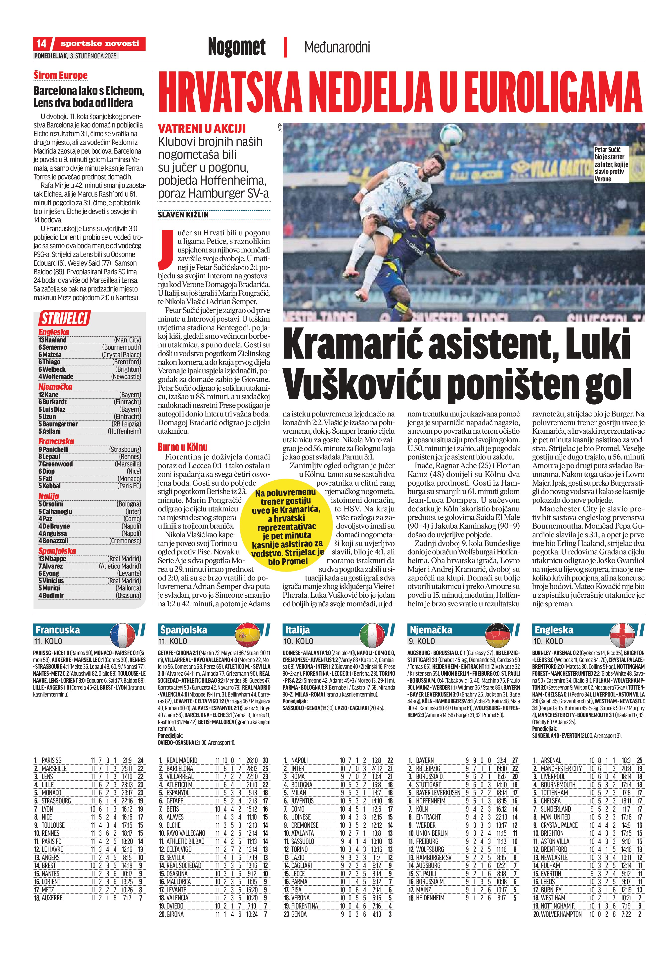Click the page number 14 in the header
coord(41,43)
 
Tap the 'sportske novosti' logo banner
coord(100,43)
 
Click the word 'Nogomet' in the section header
coord(237,46)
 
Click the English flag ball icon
coord(622,635)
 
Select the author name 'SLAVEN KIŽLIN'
coord(183,215)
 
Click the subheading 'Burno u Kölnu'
coord(182,447)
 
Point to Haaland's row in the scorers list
coord(89,340)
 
